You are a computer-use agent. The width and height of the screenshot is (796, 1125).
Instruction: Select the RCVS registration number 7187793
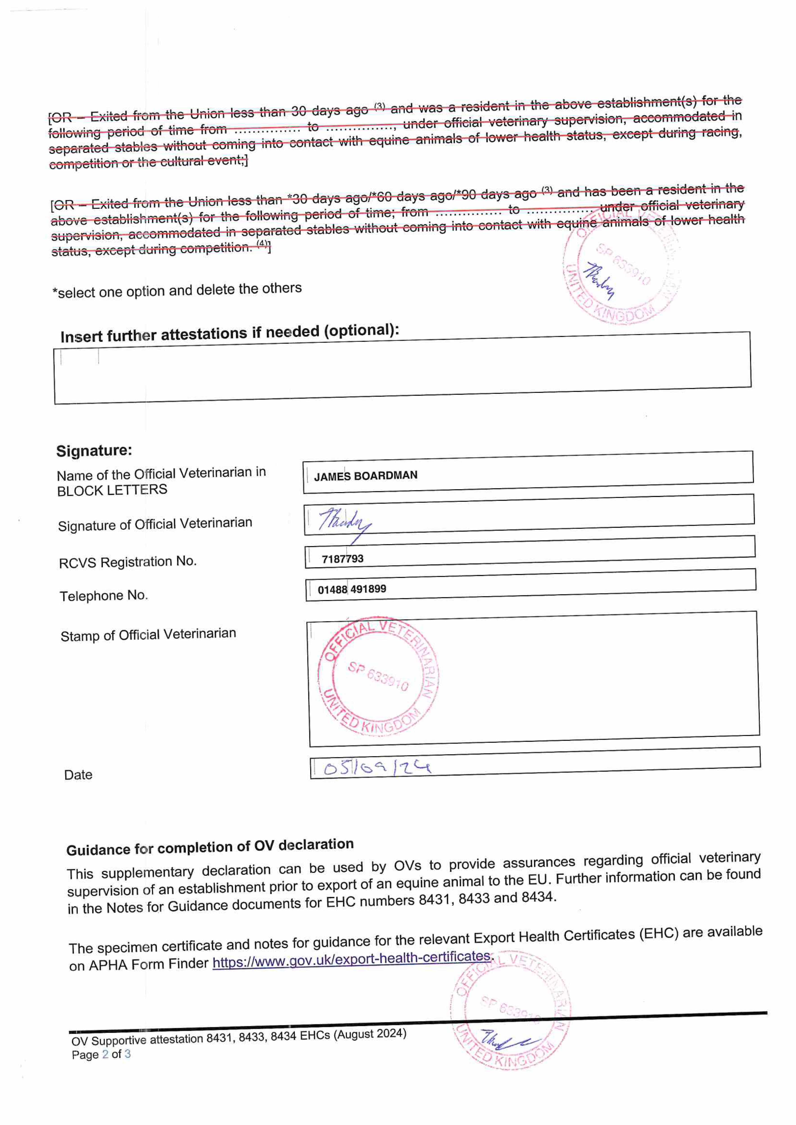pos(342,559)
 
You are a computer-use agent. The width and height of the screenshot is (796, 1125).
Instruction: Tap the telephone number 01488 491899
pos(352,589)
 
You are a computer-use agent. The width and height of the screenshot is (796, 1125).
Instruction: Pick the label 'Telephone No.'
pos(104,596)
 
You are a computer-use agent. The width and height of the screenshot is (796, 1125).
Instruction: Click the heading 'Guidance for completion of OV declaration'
pos(210,847)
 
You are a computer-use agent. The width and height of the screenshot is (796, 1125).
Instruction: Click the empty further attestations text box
pos(402,369)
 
